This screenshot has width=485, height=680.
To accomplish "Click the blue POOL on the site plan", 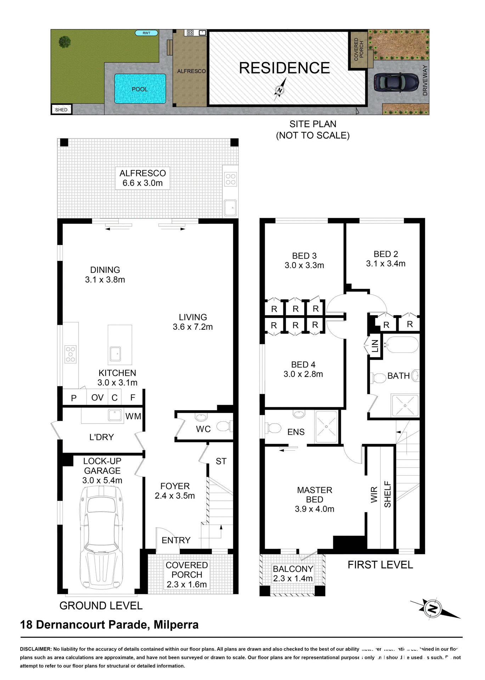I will tap(140, 89).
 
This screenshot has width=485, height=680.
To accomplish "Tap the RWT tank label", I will tap(146, 33).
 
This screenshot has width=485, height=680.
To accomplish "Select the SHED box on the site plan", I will tap(61, 109).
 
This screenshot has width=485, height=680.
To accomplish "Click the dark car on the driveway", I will tap(396, 83).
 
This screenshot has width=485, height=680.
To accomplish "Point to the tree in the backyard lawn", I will tap(64, 42).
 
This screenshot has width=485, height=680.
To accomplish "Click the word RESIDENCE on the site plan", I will tap(284, 68).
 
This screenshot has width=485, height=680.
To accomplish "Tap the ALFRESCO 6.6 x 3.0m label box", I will tap(142, 178).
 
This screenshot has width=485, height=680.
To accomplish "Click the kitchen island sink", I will tap(115, 354).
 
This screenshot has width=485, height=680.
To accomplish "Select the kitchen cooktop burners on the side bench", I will tap(71, 354).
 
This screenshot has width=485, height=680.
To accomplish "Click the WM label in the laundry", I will tap(133, 416).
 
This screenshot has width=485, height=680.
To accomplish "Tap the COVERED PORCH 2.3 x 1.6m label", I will tap(187, 574).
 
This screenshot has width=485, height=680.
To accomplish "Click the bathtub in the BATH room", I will tap(402, 345).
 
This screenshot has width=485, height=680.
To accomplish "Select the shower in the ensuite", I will tap(326, 427).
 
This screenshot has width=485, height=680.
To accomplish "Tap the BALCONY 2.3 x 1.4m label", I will tap(293, 573).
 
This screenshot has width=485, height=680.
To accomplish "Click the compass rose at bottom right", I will tap(432, 609).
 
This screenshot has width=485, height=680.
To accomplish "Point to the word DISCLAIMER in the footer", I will tap(36, 649).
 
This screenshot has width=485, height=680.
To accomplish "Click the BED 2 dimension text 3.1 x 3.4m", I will tap(385, 263).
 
